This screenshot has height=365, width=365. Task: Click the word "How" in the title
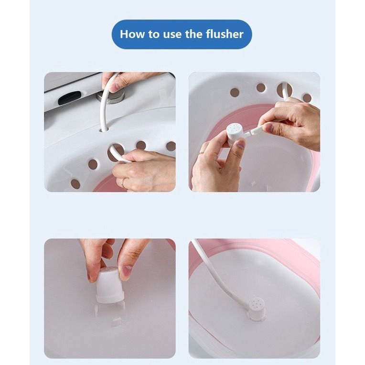click(131, 34)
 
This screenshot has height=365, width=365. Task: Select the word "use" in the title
click(172, 34)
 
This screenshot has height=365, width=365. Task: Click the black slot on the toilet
click(70, 98)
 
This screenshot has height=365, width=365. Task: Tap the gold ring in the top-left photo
click(124, 183)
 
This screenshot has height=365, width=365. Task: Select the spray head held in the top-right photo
click(236, 134)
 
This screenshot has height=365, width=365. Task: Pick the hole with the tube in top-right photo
click(284, 89)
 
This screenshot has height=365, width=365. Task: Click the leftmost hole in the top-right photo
click(235, 92)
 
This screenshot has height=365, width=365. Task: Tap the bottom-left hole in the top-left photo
click(75, 183)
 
